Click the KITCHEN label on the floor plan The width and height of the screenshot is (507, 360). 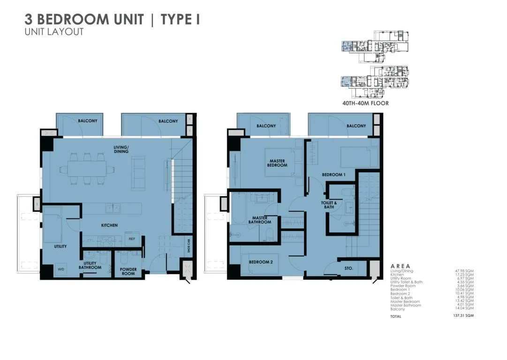point(109,225)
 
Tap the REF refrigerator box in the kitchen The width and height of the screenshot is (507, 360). point(132,239)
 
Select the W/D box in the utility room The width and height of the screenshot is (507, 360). point(61,270)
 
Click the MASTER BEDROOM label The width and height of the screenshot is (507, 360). point(277,163)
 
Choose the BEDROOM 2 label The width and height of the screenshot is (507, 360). point(261,262)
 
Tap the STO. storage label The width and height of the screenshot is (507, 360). point(348,269)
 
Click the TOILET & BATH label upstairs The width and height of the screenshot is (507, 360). point(329,205)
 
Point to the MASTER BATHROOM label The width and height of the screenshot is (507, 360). point(259,220)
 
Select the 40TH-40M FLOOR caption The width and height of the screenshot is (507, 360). point(365,103)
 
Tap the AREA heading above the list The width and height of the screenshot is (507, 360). point(400,266)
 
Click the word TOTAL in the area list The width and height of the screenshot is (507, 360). point(396,316)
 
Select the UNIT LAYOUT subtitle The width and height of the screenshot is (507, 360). point(54,32)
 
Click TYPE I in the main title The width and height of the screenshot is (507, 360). point(180,20)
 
